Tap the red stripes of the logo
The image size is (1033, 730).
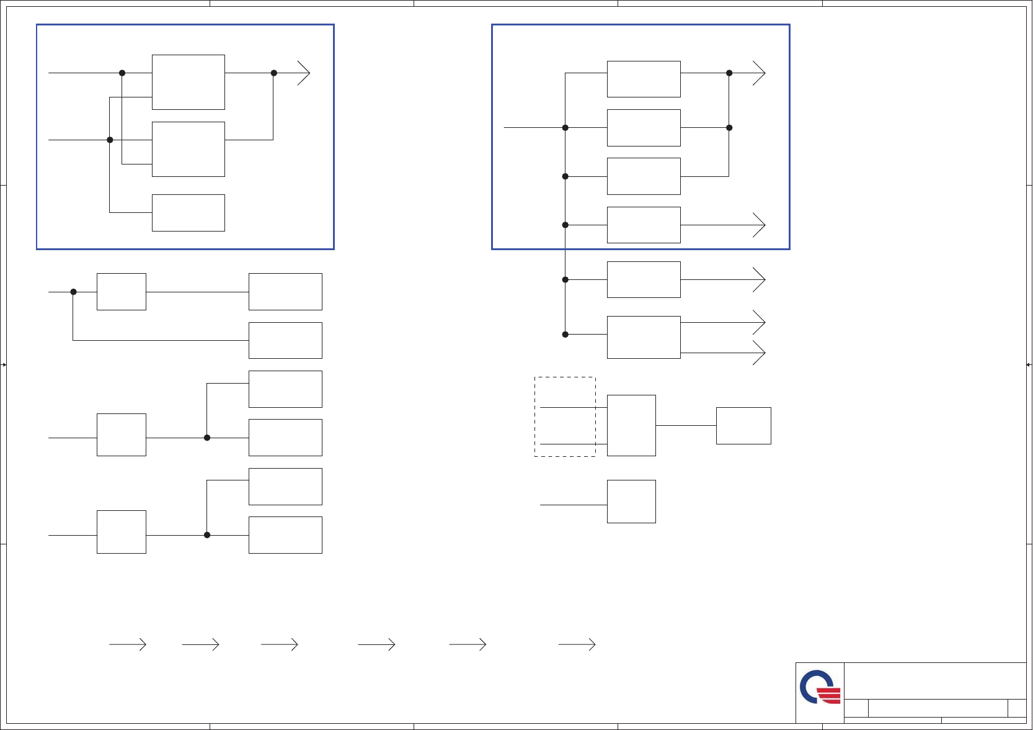(829, 695)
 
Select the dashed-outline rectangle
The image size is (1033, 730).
(565, 417)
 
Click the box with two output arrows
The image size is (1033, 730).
(644, 337)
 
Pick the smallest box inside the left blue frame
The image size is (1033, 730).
(188, 213)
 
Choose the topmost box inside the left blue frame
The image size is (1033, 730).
(188, 82)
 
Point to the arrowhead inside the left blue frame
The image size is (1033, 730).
(304, 73)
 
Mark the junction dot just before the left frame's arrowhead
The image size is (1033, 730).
(274, 73)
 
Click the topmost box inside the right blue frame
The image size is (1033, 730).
(644, 79)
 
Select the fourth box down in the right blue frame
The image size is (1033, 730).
(644, 225)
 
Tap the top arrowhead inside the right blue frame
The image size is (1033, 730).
(760, 73)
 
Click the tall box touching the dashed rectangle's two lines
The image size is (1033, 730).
(631, 425)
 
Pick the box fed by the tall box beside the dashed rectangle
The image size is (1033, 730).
(743, 426)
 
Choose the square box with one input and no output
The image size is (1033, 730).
(631, 502)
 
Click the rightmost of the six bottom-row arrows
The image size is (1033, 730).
(577, 645)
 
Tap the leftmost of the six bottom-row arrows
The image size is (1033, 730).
(128, 645)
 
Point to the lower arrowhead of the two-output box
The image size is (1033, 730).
(760, 353)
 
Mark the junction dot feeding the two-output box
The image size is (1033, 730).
(565, 335)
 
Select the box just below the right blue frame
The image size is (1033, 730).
(644, 279)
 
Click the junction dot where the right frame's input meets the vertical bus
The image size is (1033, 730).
(565, 128)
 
